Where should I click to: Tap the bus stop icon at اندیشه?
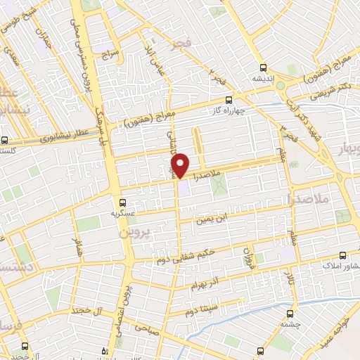click(263, 68)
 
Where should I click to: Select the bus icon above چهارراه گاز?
click(227, 100)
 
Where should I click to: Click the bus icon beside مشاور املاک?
click(342, 255)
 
